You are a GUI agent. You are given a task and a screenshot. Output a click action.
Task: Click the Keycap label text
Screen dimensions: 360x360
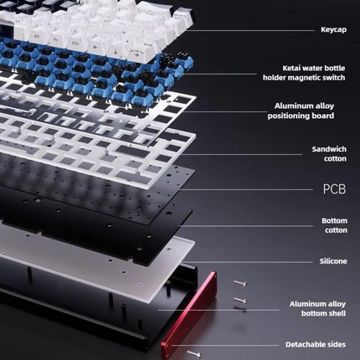coord(333,29)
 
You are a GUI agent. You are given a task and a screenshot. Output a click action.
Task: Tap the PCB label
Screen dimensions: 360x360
coord(334,189)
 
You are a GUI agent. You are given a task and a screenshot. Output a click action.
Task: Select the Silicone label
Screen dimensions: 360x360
coord(333,261)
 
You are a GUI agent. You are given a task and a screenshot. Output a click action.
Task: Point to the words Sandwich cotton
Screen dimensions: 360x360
coord(329,154)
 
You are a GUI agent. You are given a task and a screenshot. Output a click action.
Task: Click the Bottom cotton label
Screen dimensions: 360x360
coord(334,225)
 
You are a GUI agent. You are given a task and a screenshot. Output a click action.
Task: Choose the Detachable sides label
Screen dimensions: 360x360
coord(316,345)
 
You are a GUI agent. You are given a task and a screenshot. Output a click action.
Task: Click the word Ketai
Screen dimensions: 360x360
coord(292,68)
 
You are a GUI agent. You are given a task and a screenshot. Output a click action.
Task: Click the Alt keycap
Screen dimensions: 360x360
coord(37,36)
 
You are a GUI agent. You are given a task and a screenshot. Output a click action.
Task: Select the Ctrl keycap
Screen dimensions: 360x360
coord(75,43)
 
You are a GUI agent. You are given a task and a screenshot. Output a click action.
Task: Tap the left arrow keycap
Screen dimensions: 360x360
coord(95,47)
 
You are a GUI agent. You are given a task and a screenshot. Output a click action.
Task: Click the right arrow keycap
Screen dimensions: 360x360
coord(136,54)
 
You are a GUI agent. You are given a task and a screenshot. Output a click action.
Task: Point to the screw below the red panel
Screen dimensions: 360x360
coord(194,354)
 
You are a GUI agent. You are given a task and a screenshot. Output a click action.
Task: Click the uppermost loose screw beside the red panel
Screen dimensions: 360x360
coord(239,284)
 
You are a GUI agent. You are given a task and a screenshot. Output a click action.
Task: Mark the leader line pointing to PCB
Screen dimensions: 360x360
coord(247,189)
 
